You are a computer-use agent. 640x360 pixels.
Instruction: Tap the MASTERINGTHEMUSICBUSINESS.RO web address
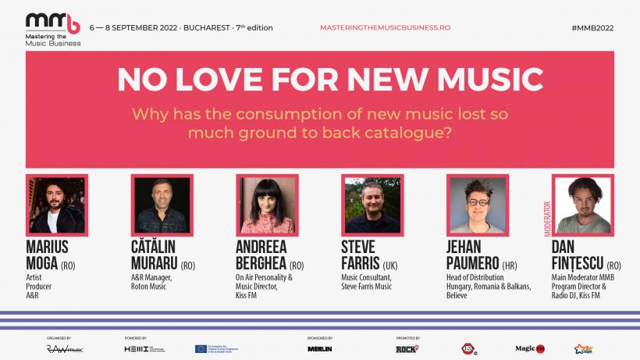click(x=385, y=27)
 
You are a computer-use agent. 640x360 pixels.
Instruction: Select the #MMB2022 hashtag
click(x=592, y=27)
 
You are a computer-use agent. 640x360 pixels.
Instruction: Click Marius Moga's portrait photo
click(x=56, y=205)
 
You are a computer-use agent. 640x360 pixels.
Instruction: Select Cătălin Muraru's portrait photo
click(x=162, y=205)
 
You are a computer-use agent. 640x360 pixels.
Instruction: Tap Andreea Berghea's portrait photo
click(x=266, y=205)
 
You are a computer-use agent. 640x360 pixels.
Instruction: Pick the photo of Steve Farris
click(x=372, y=205)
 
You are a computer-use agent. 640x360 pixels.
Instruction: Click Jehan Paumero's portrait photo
click(x=477, y=205)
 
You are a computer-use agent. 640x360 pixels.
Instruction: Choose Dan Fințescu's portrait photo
click(x=582, y=205)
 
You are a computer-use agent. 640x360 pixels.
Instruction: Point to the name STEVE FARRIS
click(x=359, y=255)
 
